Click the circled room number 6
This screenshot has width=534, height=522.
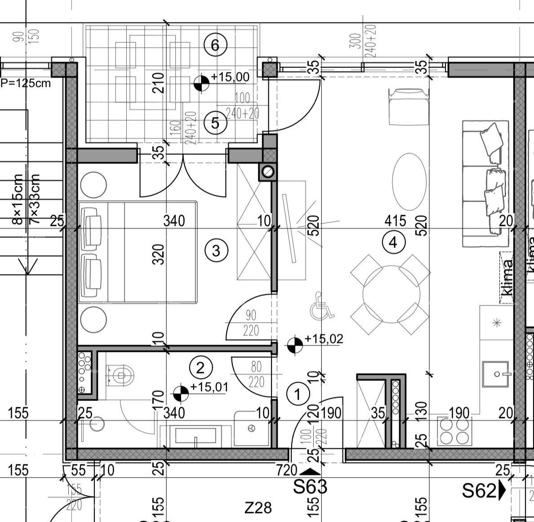click(x=215, y=45)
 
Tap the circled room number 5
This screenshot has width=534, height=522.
click(x=215, y=123)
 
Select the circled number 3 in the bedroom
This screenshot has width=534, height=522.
click(x=216, y=250)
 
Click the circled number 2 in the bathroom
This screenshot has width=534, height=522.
click(x=200, y=368)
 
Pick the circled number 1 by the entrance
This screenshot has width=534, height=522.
click(x=298, y=394)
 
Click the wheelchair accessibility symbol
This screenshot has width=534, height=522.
click(x=322, y=306)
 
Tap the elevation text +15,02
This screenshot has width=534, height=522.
click(x=324, y=339)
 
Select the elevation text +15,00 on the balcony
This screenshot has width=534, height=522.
click(x=230, y=77)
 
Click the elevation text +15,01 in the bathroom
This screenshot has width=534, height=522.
click(x=209, y=387)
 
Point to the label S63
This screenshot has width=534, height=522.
click(x=310, y=486)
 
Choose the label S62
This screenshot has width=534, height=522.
click(x=479, y=491)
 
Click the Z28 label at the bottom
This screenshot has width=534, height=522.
click(x=258, y=508)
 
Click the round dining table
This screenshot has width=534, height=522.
click(x=391, y=294)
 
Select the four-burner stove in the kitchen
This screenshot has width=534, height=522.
click(x=455, y=431)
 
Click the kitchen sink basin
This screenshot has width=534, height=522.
click(x=496, y=374)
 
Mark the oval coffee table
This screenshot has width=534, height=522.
click(x=409, y=182)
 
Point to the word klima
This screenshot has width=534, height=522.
click(x=507, y=278)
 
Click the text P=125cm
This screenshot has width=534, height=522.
click(x=26, y=83)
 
